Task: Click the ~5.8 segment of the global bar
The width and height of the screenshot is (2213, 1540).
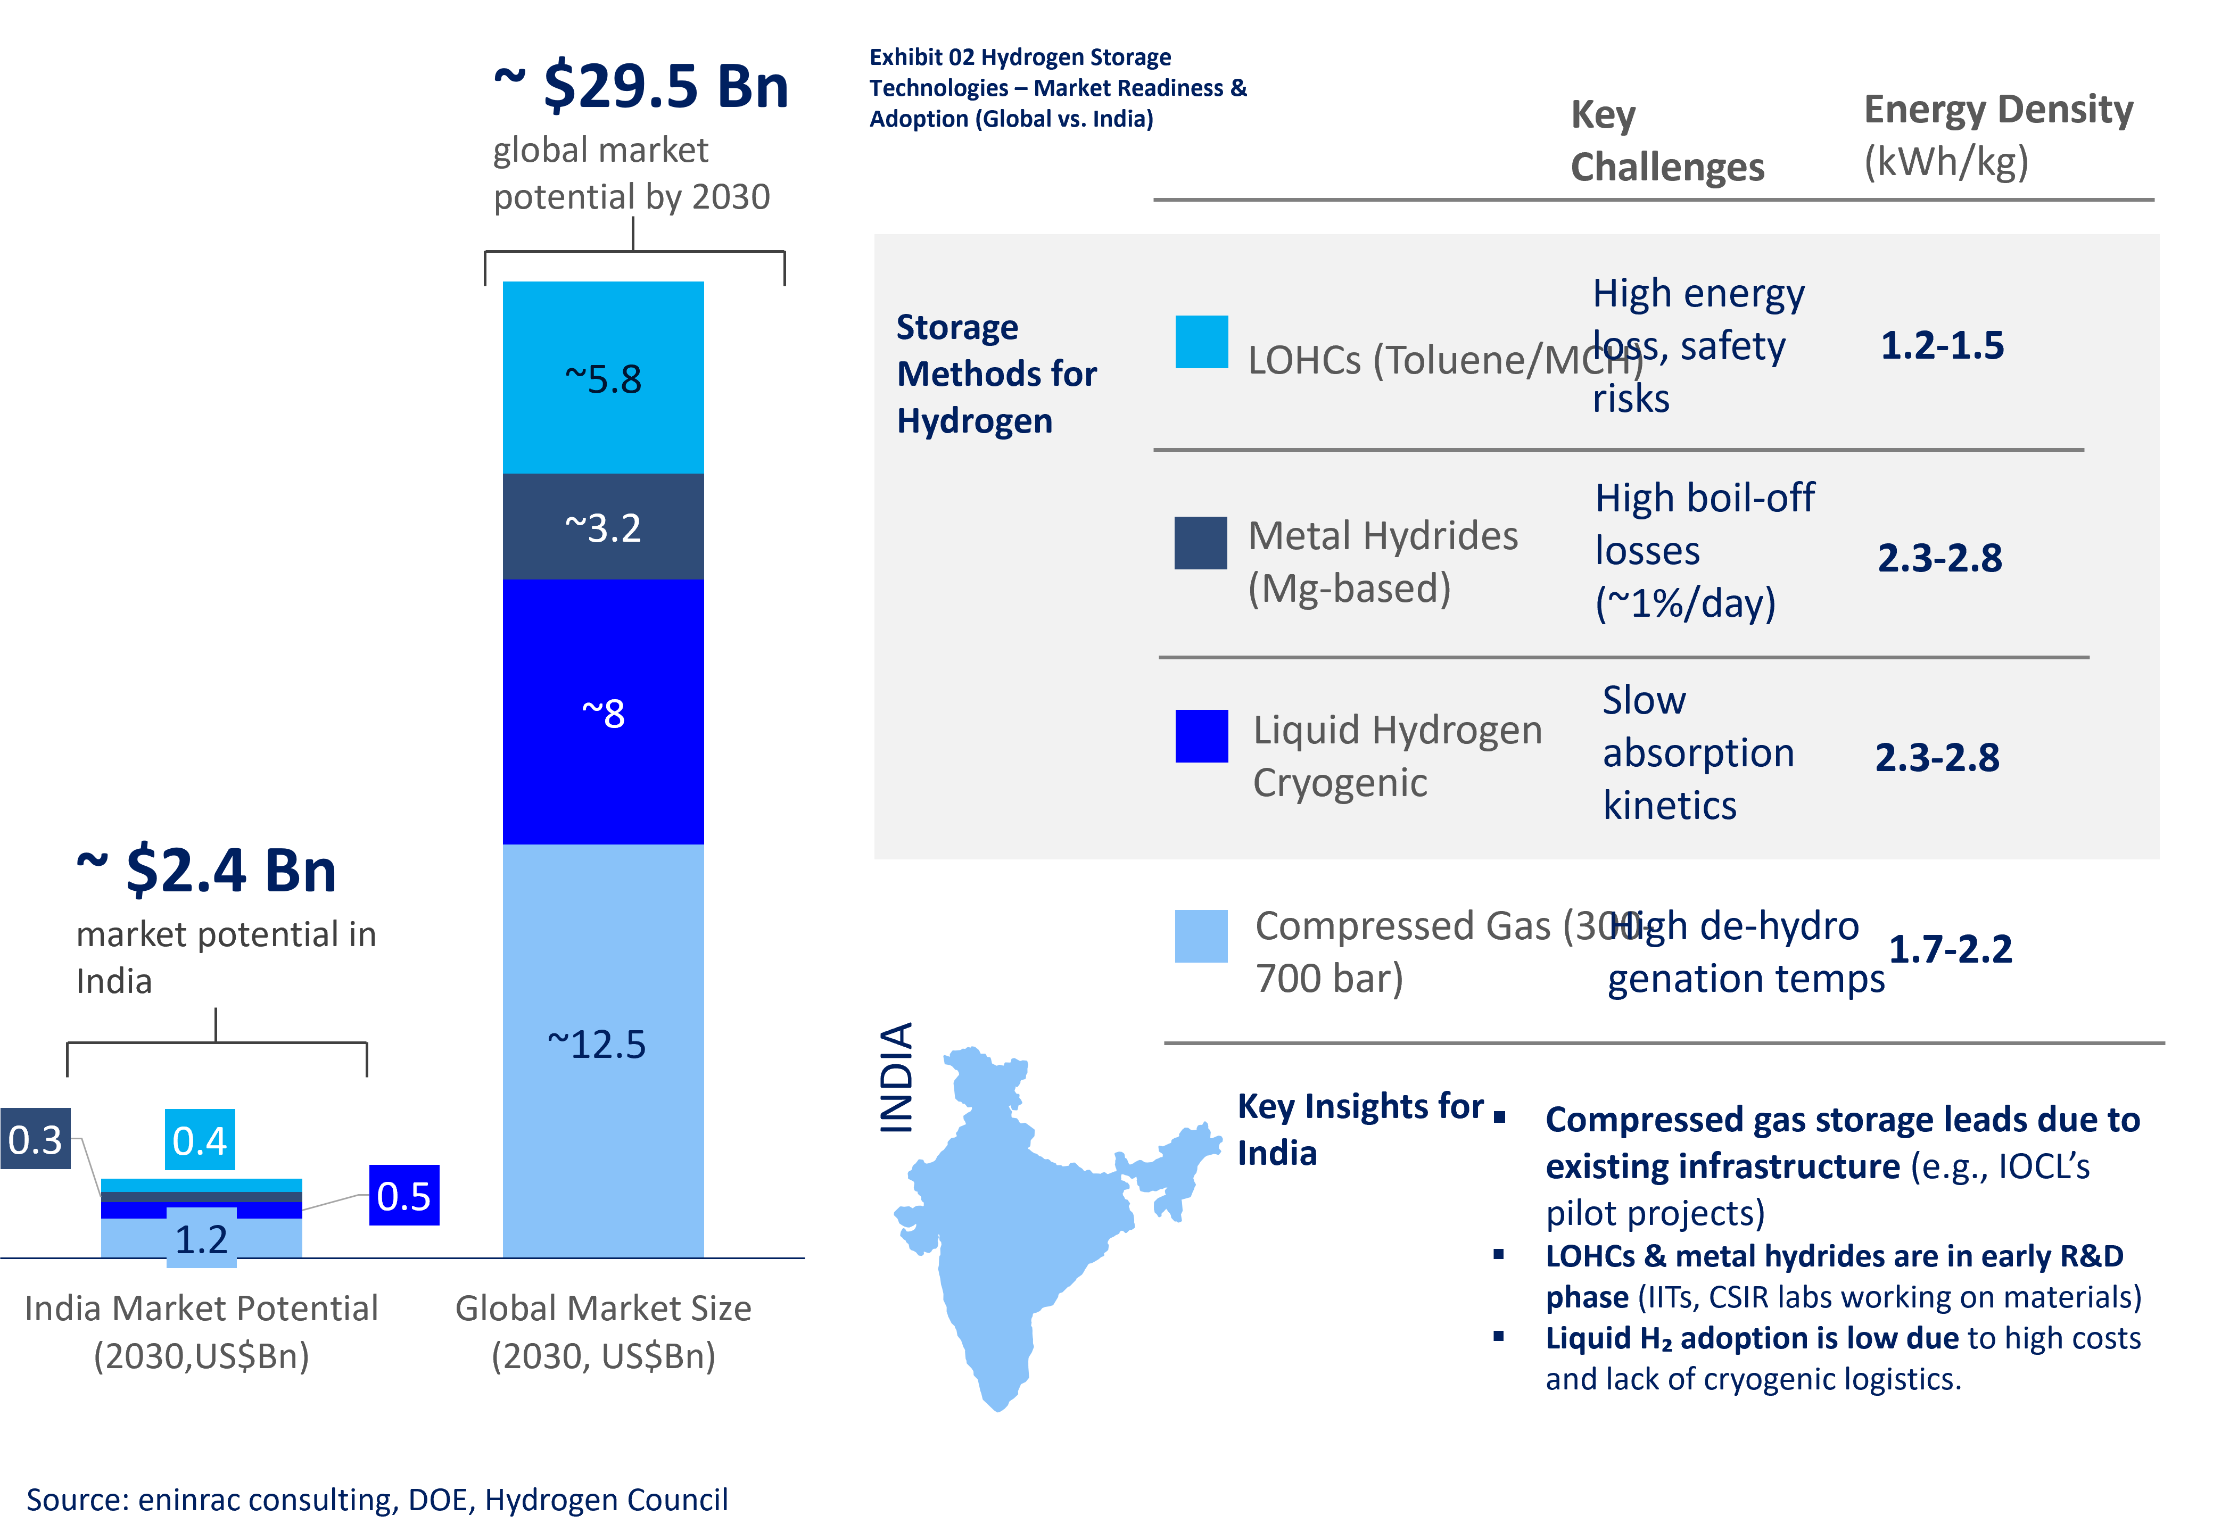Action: [604, 378]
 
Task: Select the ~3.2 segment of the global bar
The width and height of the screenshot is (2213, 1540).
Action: [604, 527]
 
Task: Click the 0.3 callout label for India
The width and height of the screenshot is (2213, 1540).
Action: [36, 1139]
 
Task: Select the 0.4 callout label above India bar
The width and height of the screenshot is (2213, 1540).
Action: [200, 1140]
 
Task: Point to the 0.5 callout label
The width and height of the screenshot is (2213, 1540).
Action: [404, 1196]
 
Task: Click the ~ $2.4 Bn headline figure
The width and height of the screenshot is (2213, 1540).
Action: [207, 870]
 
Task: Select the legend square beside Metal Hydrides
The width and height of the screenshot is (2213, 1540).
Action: [1201, 543]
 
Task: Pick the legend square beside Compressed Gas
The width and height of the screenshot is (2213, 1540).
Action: [1201, 935]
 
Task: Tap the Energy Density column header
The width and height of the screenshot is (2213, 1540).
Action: [1998, 135]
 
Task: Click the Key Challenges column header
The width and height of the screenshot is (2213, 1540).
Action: [1667, 140]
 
